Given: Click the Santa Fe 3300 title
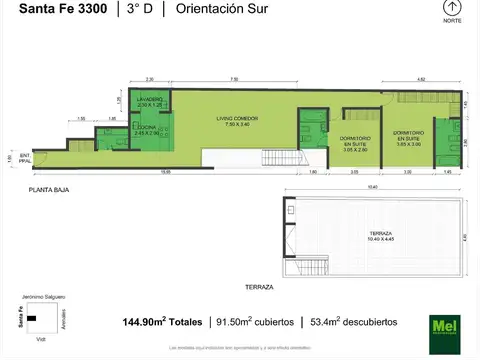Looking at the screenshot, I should click(55, 10).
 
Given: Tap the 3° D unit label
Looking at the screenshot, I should click(134, 10).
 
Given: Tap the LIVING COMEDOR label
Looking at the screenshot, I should click(237, 121).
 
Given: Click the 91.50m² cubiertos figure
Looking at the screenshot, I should click(254, 322).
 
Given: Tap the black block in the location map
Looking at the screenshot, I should click(33, 319).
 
